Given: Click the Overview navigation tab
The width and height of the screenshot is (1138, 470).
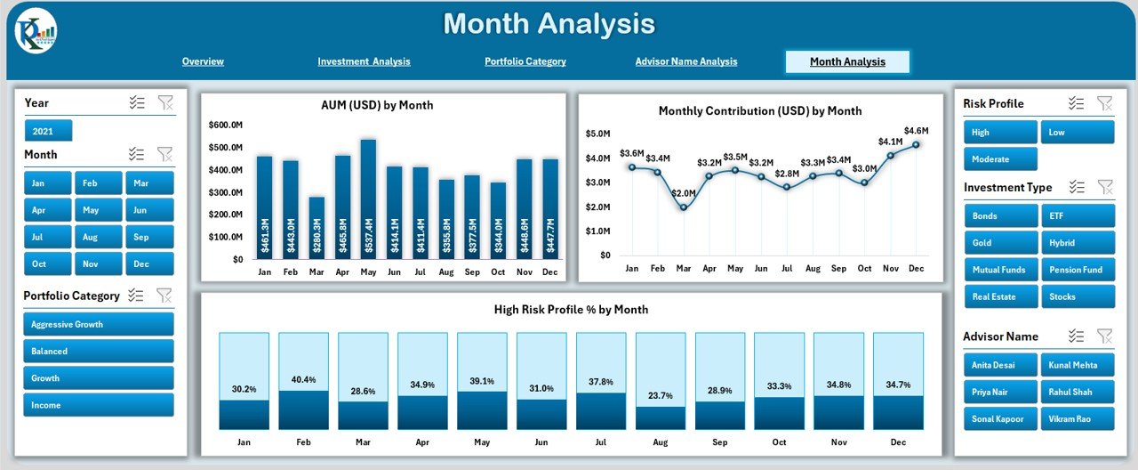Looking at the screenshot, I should pyautogui.click(x=203, y=61).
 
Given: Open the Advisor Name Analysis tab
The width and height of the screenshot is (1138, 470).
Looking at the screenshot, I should pyautogui.click(x=685, y=61).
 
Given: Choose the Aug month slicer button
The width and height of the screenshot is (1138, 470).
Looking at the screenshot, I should pyautogui.click(x=99, y=237).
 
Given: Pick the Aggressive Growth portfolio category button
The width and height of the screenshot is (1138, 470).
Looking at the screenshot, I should pyautogui.click(x=99, y=324).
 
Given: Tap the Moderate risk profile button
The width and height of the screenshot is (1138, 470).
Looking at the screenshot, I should pyautogui.click(x=1000, y=159).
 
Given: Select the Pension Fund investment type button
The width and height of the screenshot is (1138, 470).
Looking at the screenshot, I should pyautogui.click(x=1078, y=270).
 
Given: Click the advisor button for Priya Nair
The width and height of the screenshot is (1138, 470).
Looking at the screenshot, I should pyautogui.click(x=1000, y=392).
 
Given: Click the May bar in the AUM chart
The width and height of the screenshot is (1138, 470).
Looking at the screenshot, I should pyautogui.click(x=368, y=199).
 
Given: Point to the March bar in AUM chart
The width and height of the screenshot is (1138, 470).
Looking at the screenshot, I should pyautogui.click(x=317, y=228).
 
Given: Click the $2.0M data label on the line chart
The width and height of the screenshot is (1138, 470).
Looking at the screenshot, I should pyautogui.click(x=684, y=193).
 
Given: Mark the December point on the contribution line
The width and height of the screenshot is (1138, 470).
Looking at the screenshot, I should pyautogui.click(x=916, y=144).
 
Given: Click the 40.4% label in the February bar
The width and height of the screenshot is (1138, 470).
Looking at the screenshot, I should pyautogui.click(x=303, y=380).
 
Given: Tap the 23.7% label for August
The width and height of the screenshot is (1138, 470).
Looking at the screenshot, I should pyautogui.click(x=661, y=396).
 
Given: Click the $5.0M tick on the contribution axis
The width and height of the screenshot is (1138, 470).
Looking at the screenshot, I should pyautogui.click(x=597, y=134).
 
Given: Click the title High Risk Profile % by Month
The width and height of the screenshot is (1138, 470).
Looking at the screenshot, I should pyautogui.click(x=571, y=310).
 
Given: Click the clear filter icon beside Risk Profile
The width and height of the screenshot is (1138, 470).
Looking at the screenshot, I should pyautogui.click(x=1104, y=103).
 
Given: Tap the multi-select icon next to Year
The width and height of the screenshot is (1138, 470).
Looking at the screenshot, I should pyautogui.click(x=136, y=102).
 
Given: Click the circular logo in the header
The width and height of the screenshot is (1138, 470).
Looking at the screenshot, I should pyautogui.click(x=36, y=33).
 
